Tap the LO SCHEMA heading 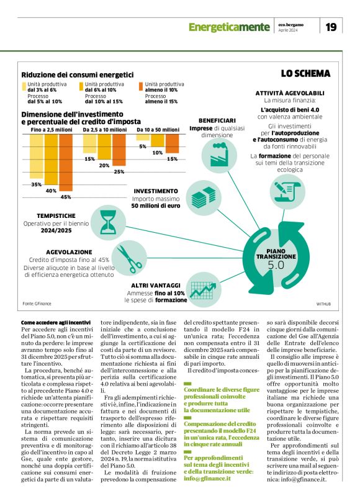[x=305, y=73]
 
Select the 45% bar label [x=65, y=197]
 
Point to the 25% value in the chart [x=119, y=171]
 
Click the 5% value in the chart [x=143, y=147]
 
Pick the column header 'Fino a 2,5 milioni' [x=52, y=130]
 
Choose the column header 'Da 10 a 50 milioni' [x=158, y=130]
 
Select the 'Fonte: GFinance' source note [x=37, y=303]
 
